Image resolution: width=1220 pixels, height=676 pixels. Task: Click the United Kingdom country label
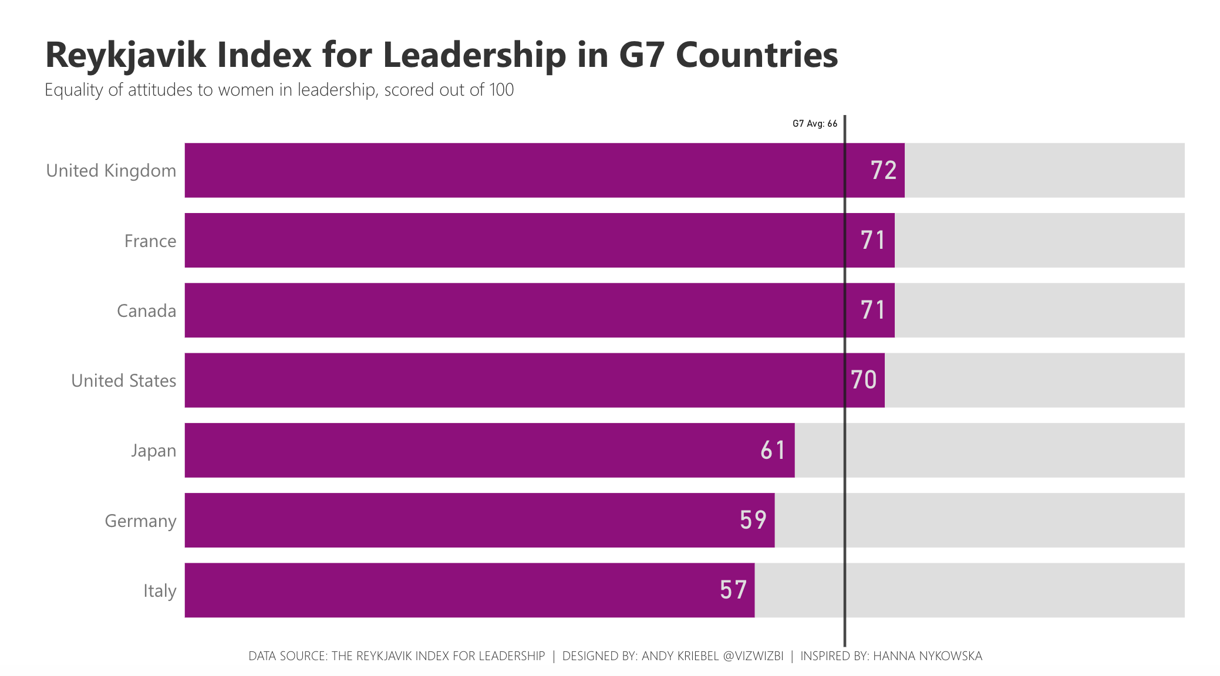[x=111, y=171]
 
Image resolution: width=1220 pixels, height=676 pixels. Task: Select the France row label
[x=150, y=241]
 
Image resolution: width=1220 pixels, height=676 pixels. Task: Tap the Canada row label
[x=146, y=311]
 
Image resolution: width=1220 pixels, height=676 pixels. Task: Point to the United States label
[x=123, y=381]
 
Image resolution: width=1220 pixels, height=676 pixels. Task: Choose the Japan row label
[x=153, y=451]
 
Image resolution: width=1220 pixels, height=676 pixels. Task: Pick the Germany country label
[x=140, y=521]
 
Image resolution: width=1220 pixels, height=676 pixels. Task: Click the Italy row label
[x=160, y=591]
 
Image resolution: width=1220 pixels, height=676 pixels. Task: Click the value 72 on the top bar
[x=884, y=171]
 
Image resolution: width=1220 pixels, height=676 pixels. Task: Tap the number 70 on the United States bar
[x=864, y=380]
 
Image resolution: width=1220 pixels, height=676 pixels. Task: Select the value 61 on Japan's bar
[x=773, y=451]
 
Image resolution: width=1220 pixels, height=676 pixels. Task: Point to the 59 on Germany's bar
[x=753, y=520]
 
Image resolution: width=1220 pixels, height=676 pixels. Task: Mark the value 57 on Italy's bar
[x=733, y=590]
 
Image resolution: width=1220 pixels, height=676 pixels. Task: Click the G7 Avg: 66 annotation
[x=815, y=124]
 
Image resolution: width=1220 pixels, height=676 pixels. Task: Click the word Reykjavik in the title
[x=126, y=56]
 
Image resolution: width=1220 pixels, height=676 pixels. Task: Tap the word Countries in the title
[x=757, y=56]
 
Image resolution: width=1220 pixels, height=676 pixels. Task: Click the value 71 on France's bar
[x=873, y=241]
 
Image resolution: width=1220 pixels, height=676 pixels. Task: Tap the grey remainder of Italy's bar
[x=969, y=590]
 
